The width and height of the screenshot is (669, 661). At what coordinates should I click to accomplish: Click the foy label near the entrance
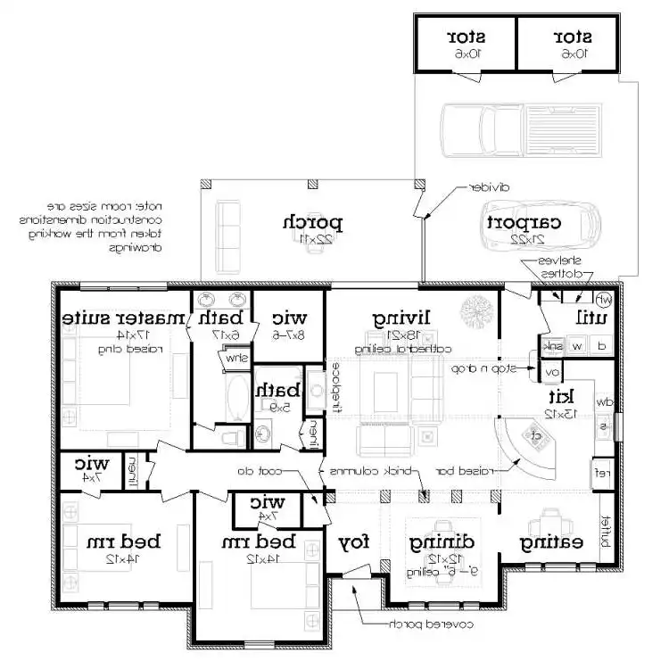(354, 542)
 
